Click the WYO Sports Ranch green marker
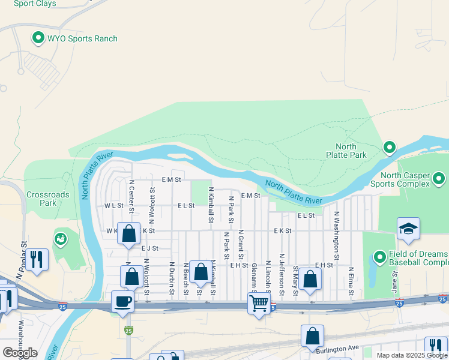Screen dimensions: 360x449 click(38, 39)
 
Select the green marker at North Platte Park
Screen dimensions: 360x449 click(390, 147)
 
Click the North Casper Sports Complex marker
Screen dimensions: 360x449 click(439, 178)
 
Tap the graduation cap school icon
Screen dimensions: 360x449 click(408, 229)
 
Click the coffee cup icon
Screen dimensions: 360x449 click(123, 301)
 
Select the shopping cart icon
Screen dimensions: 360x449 click(259, 304)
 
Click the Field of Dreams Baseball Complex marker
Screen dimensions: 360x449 click(379, 257)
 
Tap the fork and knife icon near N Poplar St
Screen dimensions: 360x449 click(37, 260)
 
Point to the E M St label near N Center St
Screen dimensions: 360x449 click(172, 179)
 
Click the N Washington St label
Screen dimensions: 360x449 click(337, 235)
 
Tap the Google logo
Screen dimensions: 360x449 click(20, 352)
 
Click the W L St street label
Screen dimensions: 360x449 click(113, 205)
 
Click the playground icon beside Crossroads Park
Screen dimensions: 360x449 click(61, 238)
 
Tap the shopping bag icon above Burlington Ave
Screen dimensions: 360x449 click(313, 336)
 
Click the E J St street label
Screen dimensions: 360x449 click(149, 248)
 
